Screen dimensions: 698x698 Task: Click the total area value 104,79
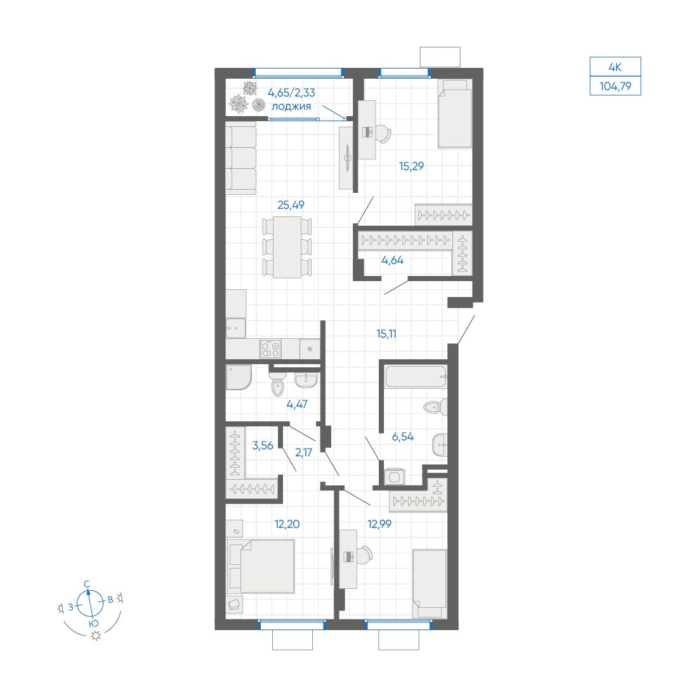coord(616,86)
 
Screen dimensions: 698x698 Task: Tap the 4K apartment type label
coord(616,67)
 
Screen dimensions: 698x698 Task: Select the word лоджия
coord(291,107)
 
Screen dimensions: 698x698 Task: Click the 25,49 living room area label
coord(291,205)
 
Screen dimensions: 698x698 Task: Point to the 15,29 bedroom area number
coord(411,166)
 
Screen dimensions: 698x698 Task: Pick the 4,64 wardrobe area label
coord(392,260)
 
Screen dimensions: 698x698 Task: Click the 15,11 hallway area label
coord(386,333)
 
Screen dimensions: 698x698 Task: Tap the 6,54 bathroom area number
coord(402,437)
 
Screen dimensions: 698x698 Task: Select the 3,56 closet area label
coord(263,445)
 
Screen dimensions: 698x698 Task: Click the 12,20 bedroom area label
coord(287,524)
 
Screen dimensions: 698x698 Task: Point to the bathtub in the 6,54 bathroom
coord(416,376)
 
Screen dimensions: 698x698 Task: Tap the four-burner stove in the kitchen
coord(270,348)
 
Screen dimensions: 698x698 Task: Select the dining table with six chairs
coord(287,247)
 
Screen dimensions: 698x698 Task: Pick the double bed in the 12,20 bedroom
coord(261,566)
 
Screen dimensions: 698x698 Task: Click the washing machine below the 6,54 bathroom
coord(395,477)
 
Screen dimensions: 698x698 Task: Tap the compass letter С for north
coord(88,584)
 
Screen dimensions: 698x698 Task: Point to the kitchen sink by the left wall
coord(235,328)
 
